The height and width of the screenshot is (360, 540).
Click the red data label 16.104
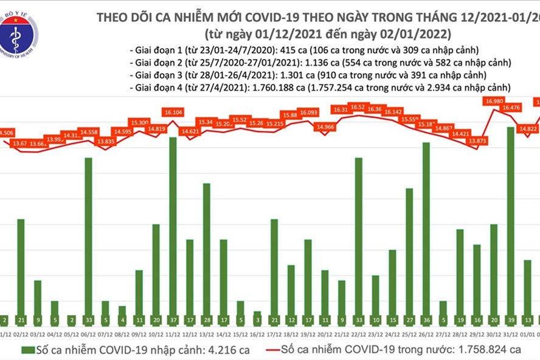[x=173, y=112]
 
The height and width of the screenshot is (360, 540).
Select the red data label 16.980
[x=494, y=102]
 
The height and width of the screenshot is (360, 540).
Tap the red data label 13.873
[x=476, y=141]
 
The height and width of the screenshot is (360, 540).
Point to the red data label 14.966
[x=326, y=127]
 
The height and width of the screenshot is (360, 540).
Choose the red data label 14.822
[x=527, y=128]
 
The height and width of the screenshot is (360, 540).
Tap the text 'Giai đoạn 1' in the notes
[x=154, y=50]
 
